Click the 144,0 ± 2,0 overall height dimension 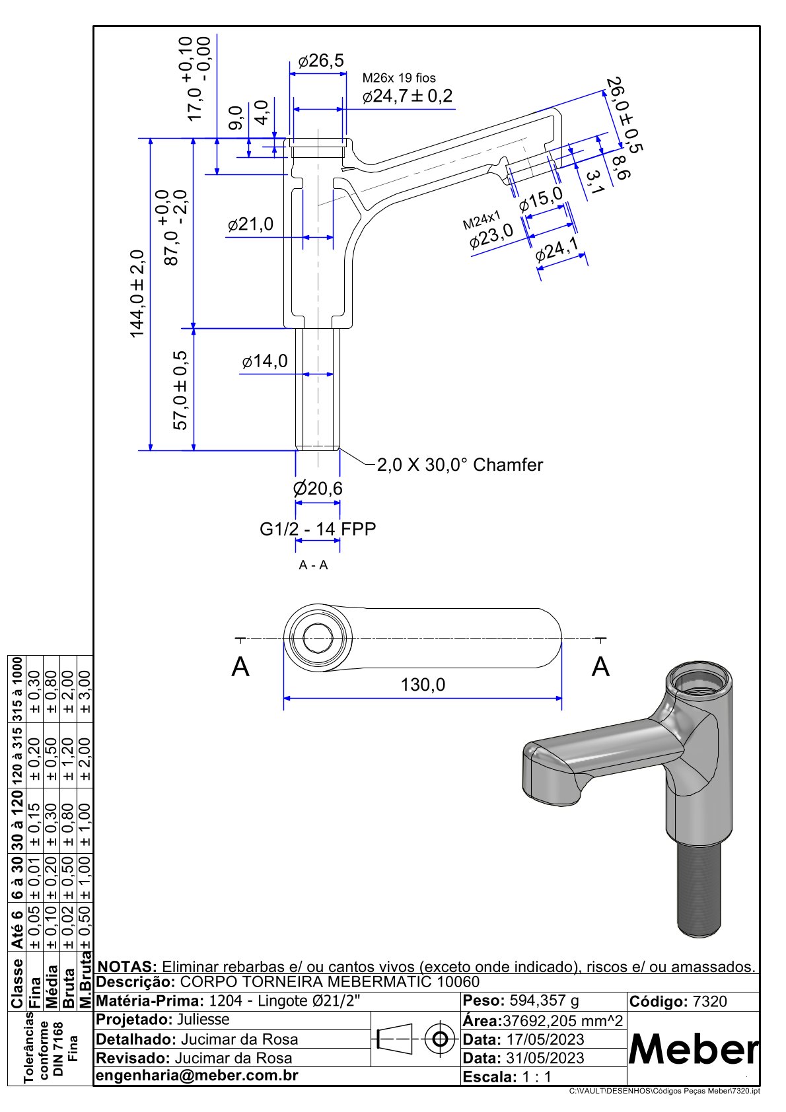click(137, 294)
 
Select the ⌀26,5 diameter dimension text click(321, 61)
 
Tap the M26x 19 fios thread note click(399, 78)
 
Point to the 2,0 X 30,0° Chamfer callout click(460, 465)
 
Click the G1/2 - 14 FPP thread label click(318, 529)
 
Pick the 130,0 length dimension click(423, 685)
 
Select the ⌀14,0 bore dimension click(265, 361)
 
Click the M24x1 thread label click(482, 220)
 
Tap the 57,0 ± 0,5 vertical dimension click(180, 390)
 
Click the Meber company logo click(694, 1049)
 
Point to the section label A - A click(313, 565)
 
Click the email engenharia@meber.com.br click(197, 1076)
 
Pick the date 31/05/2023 click(545, 1058)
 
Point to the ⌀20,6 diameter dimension click(318, 489)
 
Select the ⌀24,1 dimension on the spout click(557, 251)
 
